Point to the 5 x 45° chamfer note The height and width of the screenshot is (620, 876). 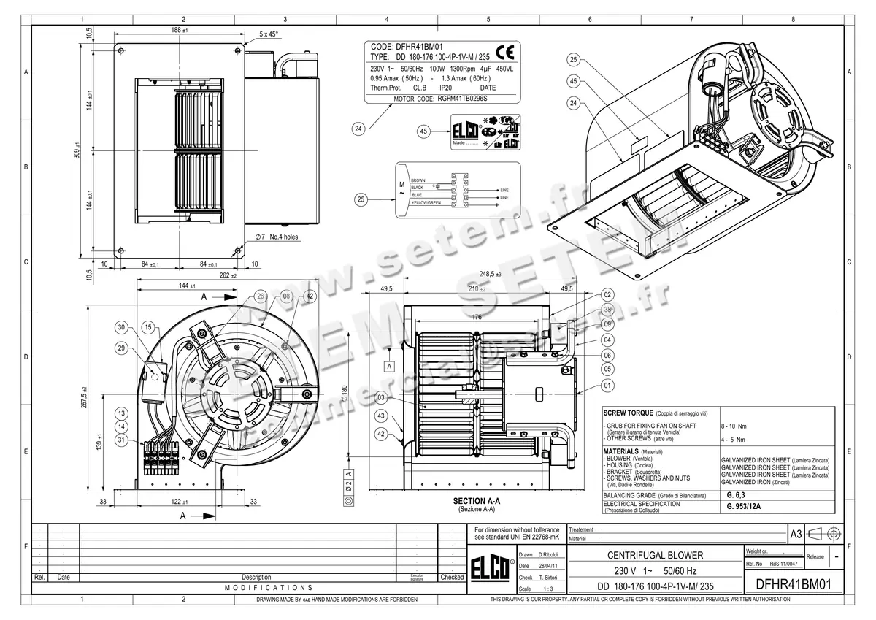pos(269,34)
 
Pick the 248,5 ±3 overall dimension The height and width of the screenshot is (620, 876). pos(490,275)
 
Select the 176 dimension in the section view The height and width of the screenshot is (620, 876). pos(476,317)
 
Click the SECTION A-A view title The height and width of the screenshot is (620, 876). pos(476,501)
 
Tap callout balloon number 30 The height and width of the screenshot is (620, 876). pos(122,327)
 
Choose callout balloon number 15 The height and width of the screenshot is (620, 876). pos(148,327)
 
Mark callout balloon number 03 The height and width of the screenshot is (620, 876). pos(380,397)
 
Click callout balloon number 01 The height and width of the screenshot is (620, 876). pos(607,385)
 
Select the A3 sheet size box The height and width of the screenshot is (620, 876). pos(796,535)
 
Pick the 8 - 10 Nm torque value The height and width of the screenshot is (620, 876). pos(733,425)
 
